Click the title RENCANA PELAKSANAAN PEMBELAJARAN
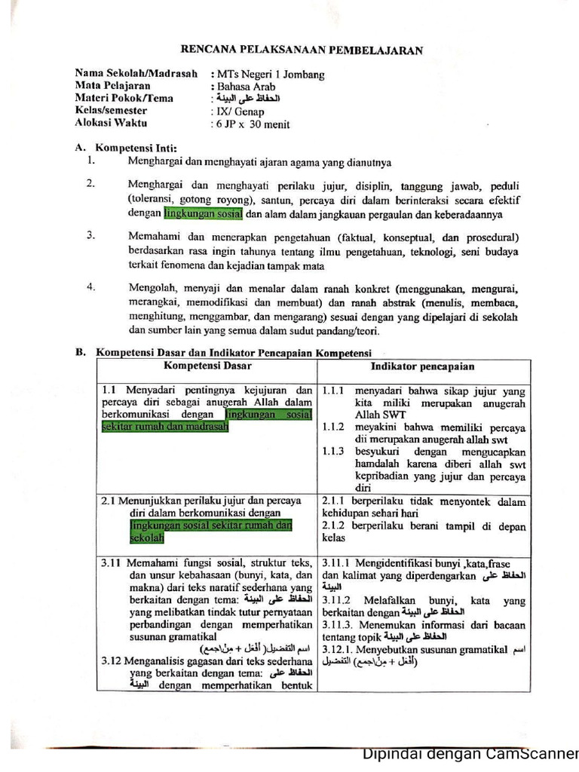coord(302,51)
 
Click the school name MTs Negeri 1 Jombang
coord(270,75)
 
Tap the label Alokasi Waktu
coord(111,122)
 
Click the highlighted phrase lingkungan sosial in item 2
coord(203,213)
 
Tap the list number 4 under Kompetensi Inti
coord(90,286)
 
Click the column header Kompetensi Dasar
coord(208,366)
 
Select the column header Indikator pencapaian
coord(422,366)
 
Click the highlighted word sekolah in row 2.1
coord(146,538)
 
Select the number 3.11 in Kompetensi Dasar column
coord(113,563)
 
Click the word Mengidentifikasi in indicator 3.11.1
coord(398,563)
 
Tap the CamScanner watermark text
coord(470,754)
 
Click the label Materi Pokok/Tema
coord(124,98)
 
